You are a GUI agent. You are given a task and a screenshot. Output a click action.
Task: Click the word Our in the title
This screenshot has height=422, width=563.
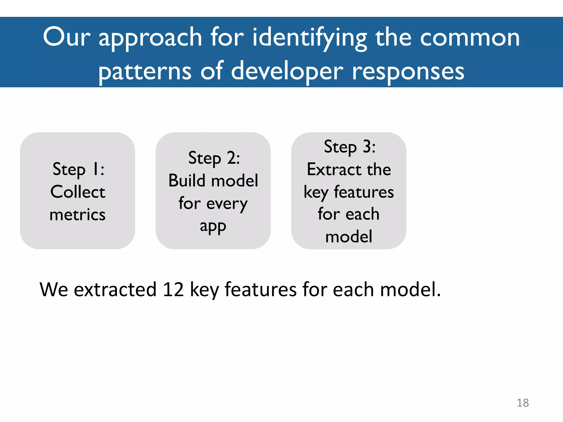[x=67, y=37]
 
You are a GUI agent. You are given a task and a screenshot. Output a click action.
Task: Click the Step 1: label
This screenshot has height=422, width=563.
[x=78, y=169]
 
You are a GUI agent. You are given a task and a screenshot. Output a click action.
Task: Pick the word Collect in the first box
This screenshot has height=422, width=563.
[x=78, y=192]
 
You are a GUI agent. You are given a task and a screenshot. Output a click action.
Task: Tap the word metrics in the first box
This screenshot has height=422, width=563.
[x=78, y=215]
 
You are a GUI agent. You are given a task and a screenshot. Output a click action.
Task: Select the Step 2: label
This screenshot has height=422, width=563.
[x=214, y=158]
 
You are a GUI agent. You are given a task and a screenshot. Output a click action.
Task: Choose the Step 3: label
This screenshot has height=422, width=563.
[x=349, y=147]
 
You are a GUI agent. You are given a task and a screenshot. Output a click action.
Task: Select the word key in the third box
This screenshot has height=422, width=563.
[x=316, y=192]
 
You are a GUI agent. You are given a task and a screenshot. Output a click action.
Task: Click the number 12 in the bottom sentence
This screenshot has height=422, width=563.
[x=173, y=290]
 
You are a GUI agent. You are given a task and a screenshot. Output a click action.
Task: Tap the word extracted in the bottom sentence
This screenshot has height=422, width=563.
[x=115, y=290]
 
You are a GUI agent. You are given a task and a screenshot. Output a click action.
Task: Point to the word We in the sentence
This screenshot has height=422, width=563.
[x=54, y=290]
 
